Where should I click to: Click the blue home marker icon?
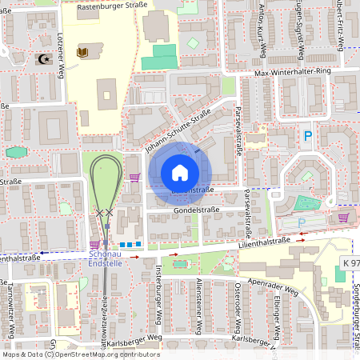point(180,173)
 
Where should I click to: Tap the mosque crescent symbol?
point(42,58)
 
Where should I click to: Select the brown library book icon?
point(80,53)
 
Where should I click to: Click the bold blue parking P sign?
point(307,137)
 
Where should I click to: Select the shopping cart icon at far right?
point(344,217)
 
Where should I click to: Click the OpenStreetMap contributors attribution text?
point(104,354)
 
